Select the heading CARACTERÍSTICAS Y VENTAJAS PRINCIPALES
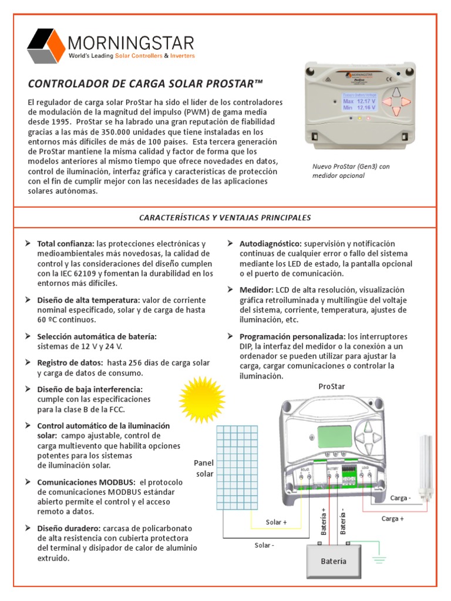[x=225, y=218]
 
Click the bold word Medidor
[x=257, y=290]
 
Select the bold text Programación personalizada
[x=292, y=337]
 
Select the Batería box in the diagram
[x=334, y=561]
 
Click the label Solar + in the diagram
[x=277, y=522]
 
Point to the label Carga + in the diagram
[x=393, y=518]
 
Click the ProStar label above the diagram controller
[x=332, y=386]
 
